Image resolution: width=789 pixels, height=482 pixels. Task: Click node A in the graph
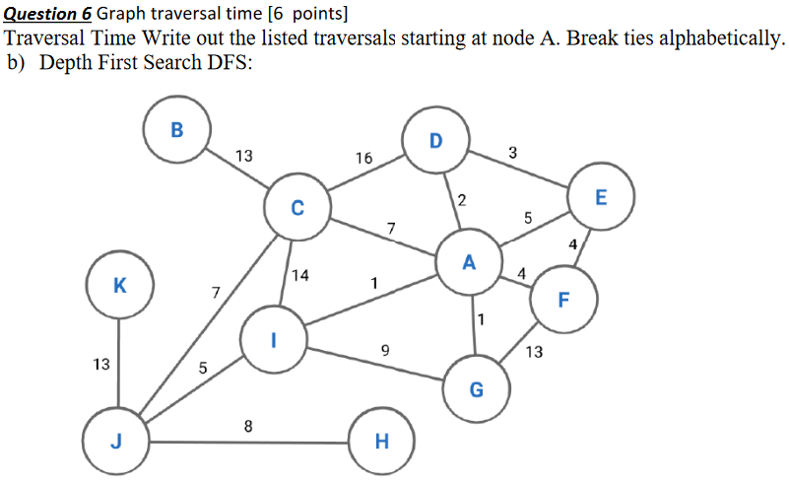point(469,262)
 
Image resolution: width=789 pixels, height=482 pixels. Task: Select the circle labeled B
point(176,128)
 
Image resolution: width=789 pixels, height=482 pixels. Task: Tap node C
point(297,208)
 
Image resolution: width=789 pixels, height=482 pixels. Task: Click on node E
point(601,197)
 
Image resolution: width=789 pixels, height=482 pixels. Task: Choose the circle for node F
point(563,300)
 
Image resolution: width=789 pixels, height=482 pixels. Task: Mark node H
point(382,441)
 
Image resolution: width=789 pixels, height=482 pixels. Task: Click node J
point(115,441)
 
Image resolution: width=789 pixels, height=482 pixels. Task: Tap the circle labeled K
point(119,286)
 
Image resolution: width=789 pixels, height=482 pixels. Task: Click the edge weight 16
point(364,158)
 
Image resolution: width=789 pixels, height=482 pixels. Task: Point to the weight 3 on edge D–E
point(513,152)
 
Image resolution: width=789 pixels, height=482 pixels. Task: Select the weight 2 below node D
point(462,202)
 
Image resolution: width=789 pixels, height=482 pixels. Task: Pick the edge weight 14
point(301,275)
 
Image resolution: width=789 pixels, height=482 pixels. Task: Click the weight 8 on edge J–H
point(248,427)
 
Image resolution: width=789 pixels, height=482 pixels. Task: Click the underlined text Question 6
point(47,14)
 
